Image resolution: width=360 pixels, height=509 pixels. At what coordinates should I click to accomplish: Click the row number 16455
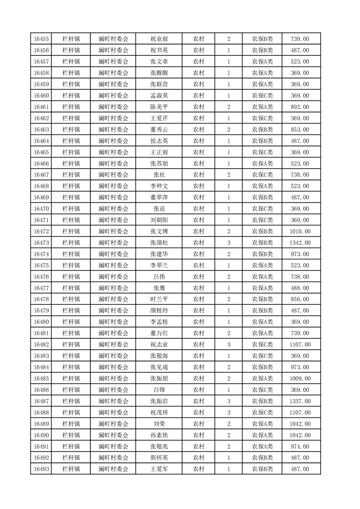pyautogui.click(x=41, y=39)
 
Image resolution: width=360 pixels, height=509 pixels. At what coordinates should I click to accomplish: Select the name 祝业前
pyautogui.click(x=159, y=39)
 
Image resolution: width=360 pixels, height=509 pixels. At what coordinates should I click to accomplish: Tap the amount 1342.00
pyautogui.click(x=300, y=243)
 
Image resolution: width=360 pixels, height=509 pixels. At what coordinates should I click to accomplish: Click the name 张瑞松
pyautogui.click(x=159, y=243)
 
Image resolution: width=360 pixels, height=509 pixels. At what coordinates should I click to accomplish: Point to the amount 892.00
pyautogui.click(x=300, y=107)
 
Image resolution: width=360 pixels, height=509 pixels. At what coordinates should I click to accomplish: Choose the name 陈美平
pyautogui.click(x=159, y=107)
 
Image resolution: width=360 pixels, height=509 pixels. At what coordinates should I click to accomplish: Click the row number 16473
pyautogui.click(x=41, y=243)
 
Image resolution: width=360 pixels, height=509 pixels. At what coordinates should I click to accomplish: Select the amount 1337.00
pyautogui.click(x=300, y=401)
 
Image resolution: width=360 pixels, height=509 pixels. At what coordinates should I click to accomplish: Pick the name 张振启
pyautogui.click(x=159, y=401)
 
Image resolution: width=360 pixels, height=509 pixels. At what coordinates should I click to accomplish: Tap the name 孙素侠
pyautogui.click(x=159, y=435)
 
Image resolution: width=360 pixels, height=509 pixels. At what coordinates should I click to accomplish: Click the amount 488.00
pyautogui.click(x=300, y=288)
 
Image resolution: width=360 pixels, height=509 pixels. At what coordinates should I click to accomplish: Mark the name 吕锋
pyautogui.click(x=159, y=390)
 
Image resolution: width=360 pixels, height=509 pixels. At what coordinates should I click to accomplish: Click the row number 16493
pyautogui.click(x=41, y=469)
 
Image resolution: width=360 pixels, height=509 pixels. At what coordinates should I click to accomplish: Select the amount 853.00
pyautogui.click(x=300, y=130)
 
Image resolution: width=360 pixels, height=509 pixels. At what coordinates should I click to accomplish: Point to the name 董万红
pyautogui.click(x=159, y=333)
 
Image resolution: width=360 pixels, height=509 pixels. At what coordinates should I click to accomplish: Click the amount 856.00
pyautogui.click(x=300, y=299)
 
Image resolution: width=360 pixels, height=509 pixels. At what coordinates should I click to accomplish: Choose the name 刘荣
pyautogui.click(x=159, y=424)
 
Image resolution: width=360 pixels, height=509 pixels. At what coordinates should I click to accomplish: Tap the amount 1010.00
pyautogui.click(x=300, y=231)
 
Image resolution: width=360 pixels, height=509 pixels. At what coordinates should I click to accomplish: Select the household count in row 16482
pyautogui.click(x=228, y=344)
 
